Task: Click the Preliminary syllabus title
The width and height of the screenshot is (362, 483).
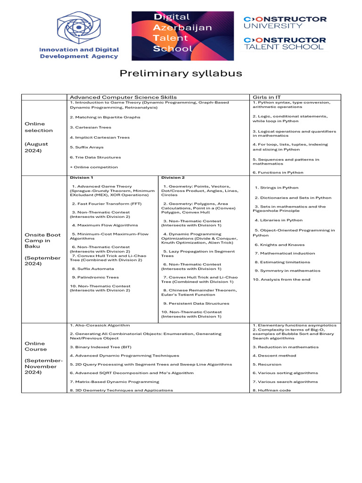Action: coord(181,73)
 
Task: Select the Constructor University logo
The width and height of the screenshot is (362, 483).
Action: coord(285,22)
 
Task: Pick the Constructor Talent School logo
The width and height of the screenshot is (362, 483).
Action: coord(284,43)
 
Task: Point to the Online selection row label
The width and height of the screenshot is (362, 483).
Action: coord(39,127)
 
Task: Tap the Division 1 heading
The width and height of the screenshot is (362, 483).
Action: coord(82,178)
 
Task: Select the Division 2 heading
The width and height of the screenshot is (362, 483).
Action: coord(173,178)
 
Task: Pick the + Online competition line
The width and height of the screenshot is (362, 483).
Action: coord(93,167)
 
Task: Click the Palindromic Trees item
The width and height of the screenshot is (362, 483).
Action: coord(95,277)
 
